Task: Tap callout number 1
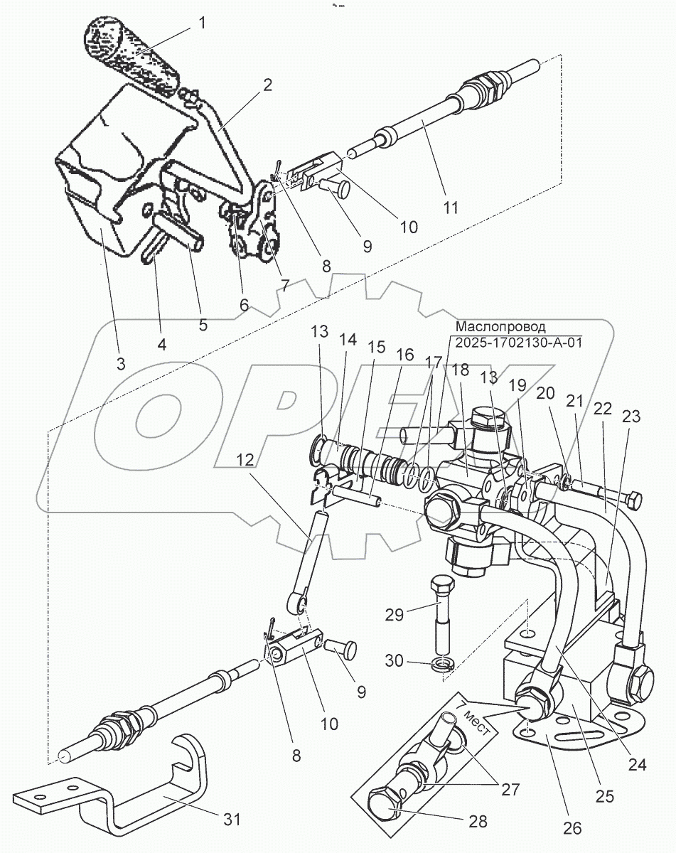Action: pyautogui.click(x=203, y=23)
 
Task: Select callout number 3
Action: pyautogui.click(x=121, y=363)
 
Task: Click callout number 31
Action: pyautogui.click(x=232, y=818)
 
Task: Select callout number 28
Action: pyautogui.click(x=478, y=821)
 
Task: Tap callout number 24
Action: pyautogui.click(x=637, y=765)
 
